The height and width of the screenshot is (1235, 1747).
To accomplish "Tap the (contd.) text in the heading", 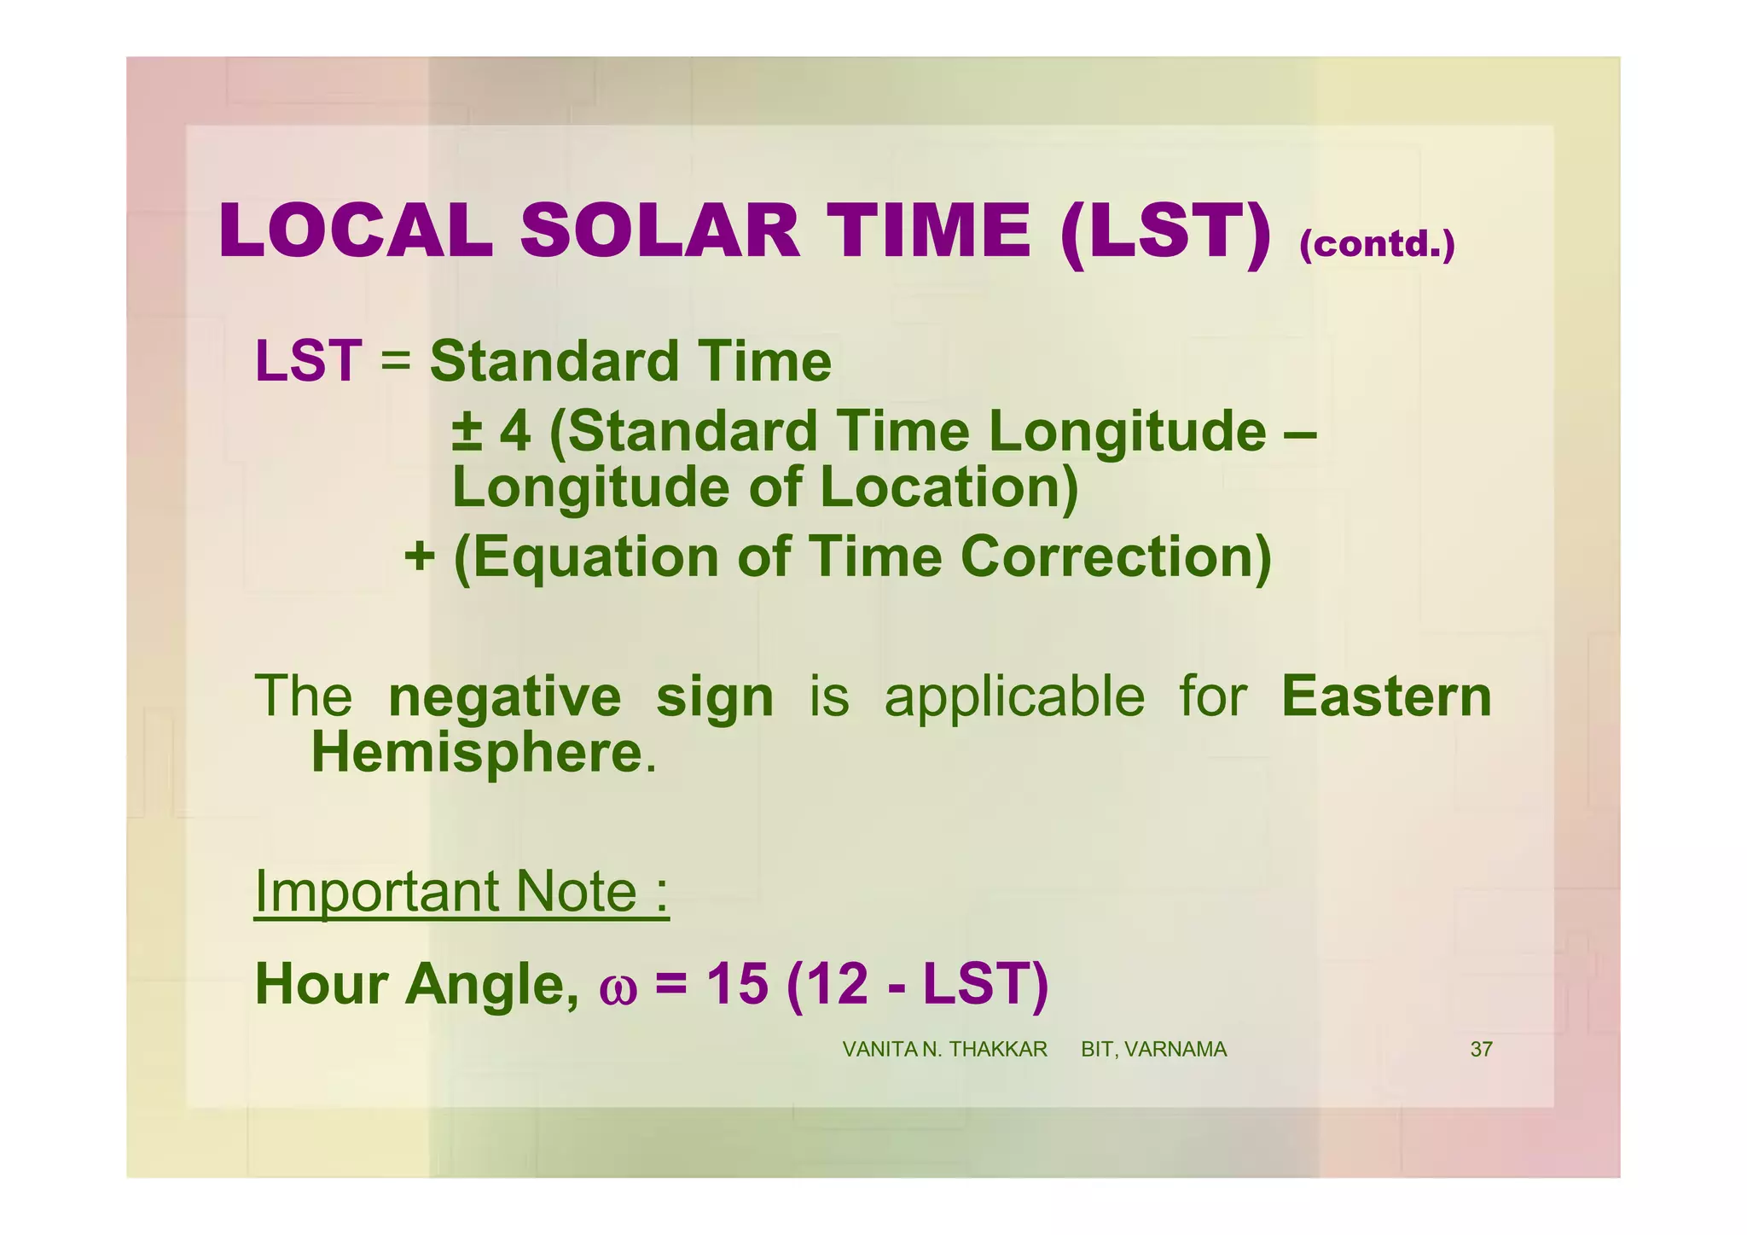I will click(x=1376, y=244).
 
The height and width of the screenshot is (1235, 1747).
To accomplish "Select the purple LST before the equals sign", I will click(x=308, y=361).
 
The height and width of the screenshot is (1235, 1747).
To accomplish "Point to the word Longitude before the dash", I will click(x=1128, y=432).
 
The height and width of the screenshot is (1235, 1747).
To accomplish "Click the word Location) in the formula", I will click(x=949, y=487).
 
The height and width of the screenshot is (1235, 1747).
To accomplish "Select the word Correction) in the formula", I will click(x=1116, y=556).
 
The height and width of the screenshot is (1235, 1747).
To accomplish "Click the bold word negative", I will click(x=504, y=697).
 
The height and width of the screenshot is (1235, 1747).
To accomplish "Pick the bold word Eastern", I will click(x=1386, y=696).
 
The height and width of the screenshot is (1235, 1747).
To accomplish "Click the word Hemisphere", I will click(x=476, y=753).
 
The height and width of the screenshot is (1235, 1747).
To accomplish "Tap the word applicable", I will click(x=1014, y=697).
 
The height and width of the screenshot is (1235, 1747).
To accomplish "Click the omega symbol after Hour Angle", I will click(x=618, y=987).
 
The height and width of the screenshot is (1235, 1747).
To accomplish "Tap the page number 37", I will click(x=1481, y=1050).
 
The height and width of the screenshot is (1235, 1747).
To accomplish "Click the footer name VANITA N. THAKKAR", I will click(x=944, y=1050).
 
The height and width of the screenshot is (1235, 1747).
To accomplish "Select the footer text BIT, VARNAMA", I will click(x=1153, y=1050).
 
